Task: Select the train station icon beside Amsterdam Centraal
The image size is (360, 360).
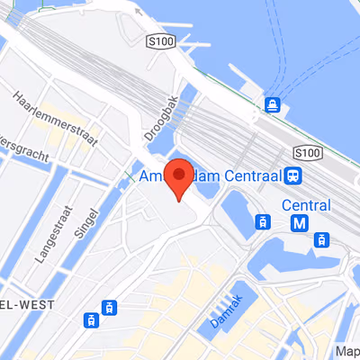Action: [x=294, y=175]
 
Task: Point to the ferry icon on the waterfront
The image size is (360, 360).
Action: [x=271, y=105]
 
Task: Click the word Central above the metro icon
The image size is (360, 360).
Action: [x=305, y=204]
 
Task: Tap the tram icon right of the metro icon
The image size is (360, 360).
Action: [x=320, y=239]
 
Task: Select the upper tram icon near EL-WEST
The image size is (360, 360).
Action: [x=110, y=307]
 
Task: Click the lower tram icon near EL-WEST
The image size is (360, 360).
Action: [x=91, y=319]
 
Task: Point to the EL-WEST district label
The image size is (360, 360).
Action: [x=26, y=305]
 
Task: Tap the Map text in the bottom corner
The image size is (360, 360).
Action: [x=347, y=351]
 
